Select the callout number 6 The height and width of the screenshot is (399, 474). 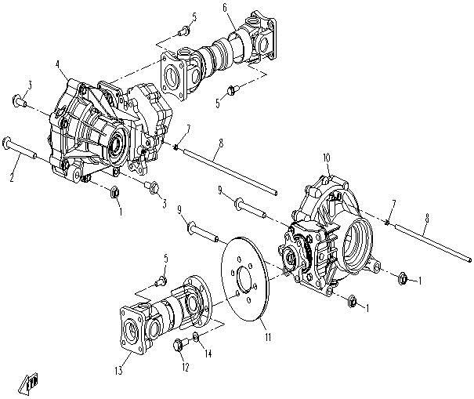tap(224, 8)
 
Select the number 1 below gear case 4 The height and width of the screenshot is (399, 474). tap(120, 212)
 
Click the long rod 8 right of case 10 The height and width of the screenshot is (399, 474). tap(435, 243)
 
